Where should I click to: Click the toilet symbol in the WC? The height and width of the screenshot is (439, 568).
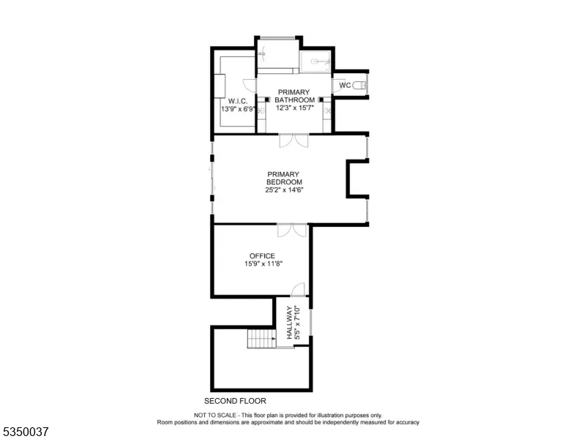point(359,86)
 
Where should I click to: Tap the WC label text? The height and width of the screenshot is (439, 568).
point(345,86)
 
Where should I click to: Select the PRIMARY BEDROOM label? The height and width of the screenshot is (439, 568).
point(284,179)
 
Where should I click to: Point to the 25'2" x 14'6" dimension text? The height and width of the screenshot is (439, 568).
point(284,190)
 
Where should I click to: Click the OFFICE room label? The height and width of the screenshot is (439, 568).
point(262,256)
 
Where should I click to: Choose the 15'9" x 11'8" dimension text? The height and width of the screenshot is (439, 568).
point(264,264)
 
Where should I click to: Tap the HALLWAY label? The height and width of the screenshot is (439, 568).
point(289,323)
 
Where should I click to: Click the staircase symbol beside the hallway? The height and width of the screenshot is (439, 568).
point(261,339)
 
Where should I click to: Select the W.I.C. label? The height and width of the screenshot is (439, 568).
point(238,102)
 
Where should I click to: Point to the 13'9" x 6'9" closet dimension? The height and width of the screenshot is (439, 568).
point(238,109)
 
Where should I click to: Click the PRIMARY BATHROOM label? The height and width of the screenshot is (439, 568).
point(294,96)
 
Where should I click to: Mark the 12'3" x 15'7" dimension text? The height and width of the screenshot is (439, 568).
point(295,108)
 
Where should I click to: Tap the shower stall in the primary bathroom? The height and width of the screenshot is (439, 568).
point(315,61)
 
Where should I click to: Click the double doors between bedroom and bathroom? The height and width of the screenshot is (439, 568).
point(294,140)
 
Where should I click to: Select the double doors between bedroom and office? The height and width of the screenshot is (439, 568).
point(292,230)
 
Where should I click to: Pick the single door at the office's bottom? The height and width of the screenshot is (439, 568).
point(298,290)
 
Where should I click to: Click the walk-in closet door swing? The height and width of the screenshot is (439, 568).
point(250,86)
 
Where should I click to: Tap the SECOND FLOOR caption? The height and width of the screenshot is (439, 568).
point(235,401)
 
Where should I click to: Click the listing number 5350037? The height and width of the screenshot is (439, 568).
point(26,432)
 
